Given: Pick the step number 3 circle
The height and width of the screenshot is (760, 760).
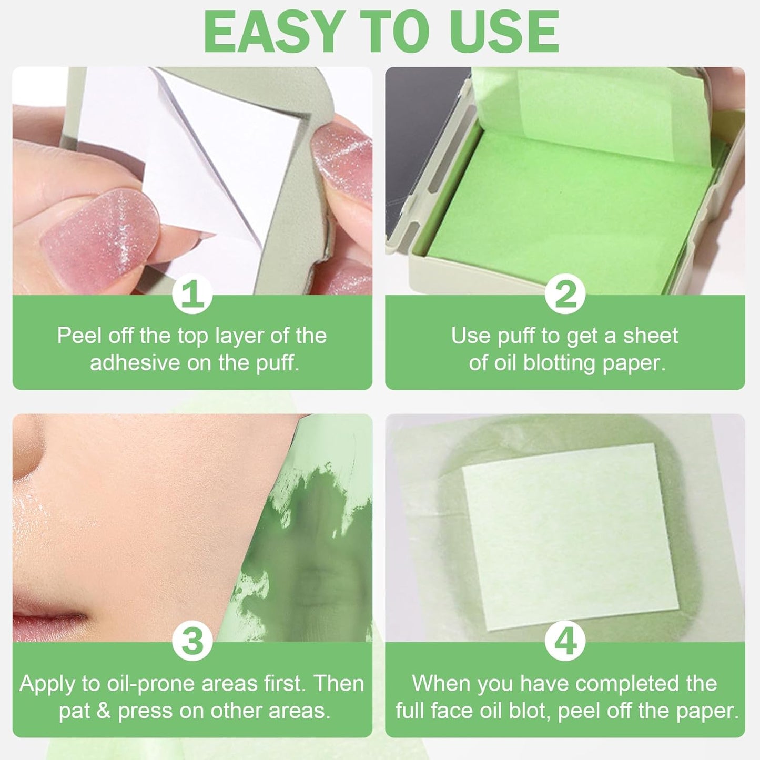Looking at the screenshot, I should (x=192, y=641).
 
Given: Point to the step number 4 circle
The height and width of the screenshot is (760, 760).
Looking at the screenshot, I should (x=565, y=641).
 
